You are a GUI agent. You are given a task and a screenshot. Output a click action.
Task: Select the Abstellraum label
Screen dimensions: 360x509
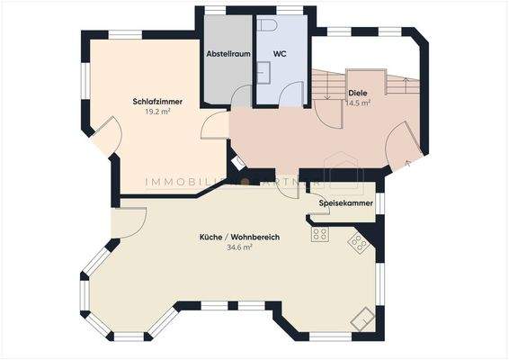(228, 54)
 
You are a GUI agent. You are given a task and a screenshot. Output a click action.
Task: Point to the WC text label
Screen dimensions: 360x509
(280, 54)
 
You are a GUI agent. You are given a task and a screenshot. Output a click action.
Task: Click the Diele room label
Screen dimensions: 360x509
(357, 93)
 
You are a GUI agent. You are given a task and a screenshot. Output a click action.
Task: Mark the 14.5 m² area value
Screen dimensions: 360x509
(357, 103)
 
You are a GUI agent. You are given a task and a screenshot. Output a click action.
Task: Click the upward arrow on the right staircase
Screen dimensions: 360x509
(409, 86)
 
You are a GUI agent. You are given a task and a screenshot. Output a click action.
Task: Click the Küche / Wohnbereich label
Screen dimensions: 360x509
(240, 237)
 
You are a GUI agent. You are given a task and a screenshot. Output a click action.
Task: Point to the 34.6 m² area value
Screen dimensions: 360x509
(240, 247)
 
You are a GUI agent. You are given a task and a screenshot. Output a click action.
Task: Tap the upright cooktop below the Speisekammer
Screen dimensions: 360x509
(319, 234)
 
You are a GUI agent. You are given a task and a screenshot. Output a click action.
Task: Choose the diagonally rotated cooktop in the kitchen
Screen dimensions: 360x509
(358, 243)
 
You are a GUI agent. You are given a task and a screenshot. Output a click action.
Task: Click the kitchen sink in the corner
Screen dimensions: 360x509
(364, 316)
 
